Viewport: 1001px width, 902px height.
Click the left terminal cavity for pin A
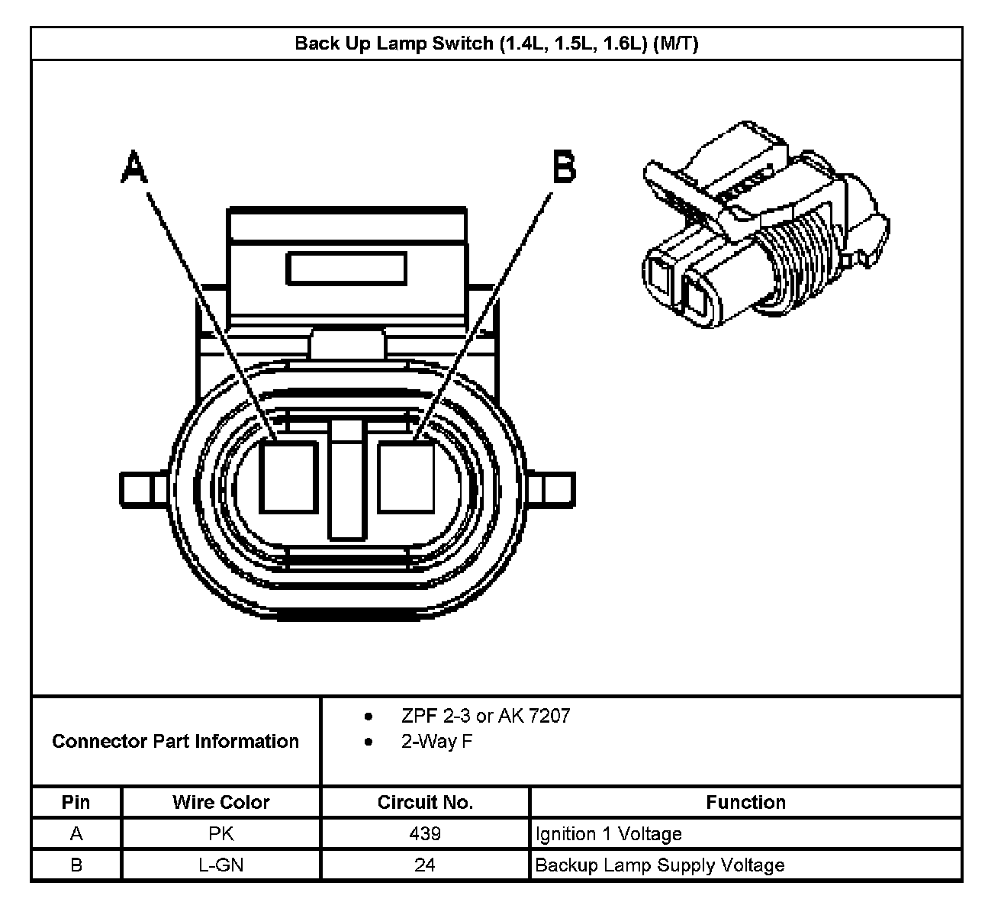click(288, 476)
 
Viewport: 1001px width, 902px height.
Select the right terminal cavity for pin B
click(406, 476)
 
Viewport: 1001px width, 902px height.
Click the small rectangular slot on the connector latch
click(346, 269)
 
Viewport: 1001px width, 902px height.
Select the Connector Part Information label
click(175, 741)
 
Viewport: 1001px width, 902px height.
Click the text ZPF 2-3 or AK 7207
click(485, 716)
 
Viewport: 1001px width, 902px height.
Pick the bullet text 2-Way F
click(436, 741)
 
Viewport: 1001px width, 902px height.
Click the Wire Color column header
click(220, 802)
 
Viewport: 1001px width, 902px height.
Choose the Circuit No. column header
click(425, 802)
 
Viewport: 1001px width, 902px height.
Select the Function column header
click(745, 802)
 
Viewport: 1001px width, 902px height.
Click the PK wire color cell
click(220, 833)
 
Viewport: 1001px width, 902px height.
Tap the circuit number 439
click(425, 833)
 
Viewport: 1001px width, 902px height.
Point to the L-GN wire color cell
click(220, 865)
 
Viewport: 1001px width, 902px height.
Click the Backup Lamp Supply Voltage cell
click(660, 865)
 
